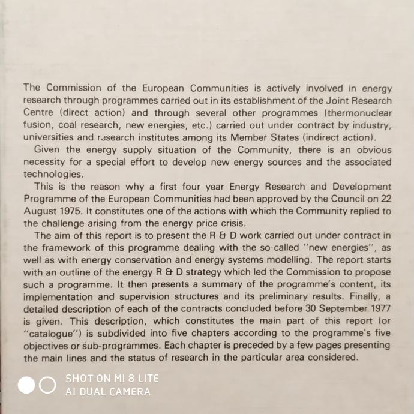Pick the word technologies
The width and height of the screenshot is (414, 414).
[52, 175]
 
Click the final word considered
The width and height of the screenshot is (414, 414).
[334, 357]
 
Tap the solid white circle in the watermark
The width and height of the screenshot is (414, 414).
[26, 385]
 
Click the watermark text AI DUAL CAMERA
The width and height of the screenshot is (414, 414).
[108, 391]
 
